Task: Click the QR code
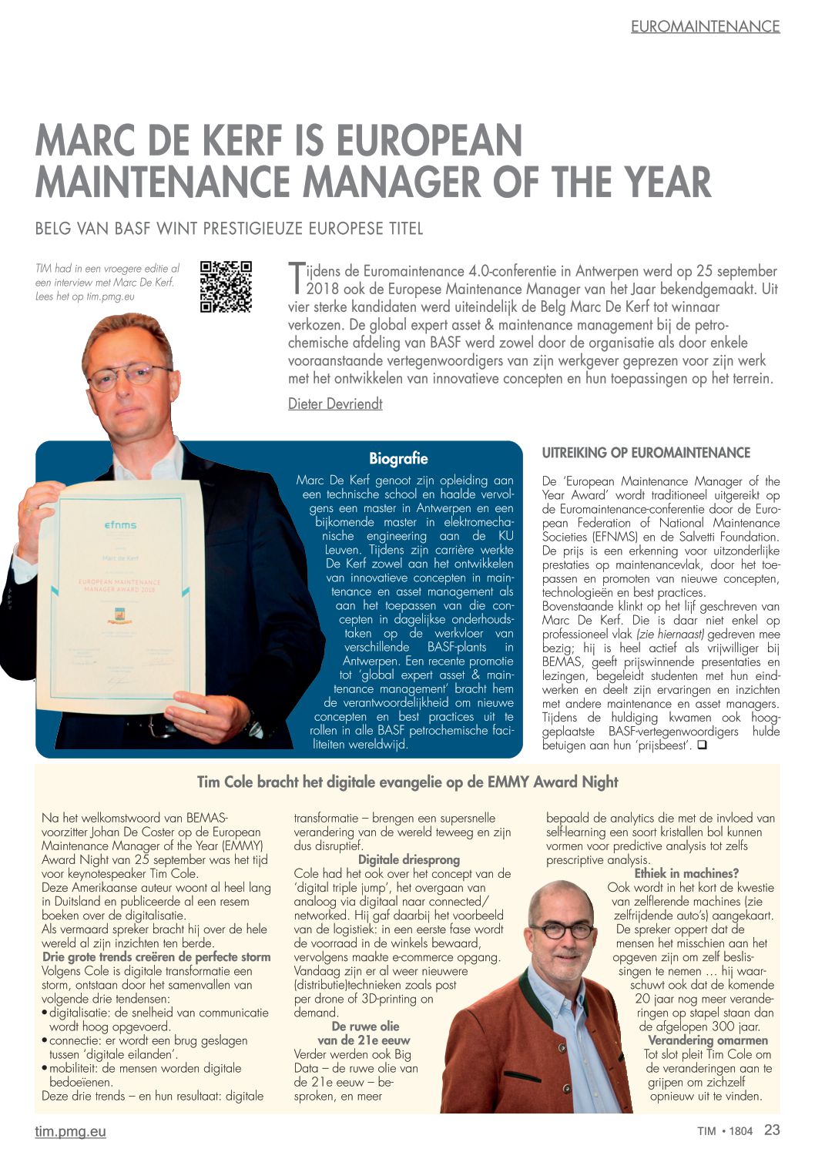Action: (x=226, y=287)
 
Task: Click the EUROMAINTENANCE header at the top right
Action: (x=705, y=26)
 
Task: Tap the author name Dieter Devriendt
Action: (x=335, y=404)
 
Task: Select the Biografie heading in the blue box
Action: (x=398, y=459)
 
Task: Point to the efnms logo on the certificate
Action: (x=120, y=525)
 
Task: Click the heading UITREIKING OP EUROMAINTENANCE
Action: (x=646, y=453)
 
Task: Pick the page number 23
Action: (x=772, y=1130)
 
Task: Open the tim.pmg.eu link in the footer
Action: (x=70, y=1131)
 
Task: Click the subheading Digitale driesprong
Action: (x=408, y=859)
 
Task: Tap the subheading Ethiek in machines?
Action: (x=686, y=873)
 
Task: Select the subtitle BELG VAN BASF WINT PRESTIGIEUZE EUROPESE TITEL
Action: (x=229, y=229)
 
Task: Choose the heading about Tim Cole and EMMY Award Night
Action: (x=407, y=782)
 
